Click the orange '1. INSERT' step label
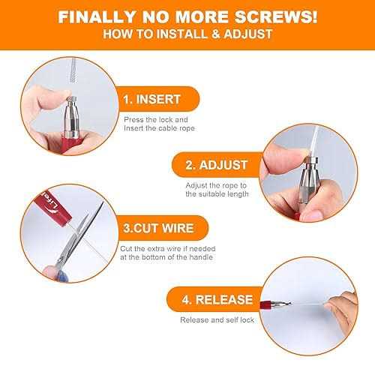154,97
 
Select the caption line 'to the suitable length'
217,193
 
